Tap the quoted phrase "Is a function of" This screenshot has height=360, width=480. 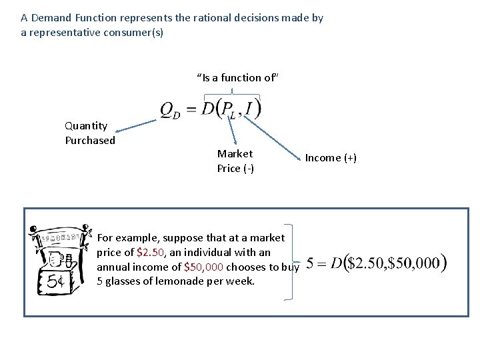(x=237, y=78)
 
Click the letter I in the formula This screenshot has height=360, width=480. (x=249, y=107)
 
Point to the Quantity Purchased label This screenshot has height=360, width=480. (x=90, y=133)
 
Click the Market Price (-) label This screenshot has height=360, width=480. (x=235, y=161)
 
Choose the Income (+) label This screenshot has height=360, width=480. (x=331, y=158)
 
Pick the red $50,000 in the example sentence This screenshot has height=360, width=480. (x=203, y=267)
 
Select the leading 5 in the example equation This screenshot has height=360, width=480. (x=311, y=263)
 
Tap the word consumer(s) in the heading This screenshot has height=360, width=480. (x=134, y=32)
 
